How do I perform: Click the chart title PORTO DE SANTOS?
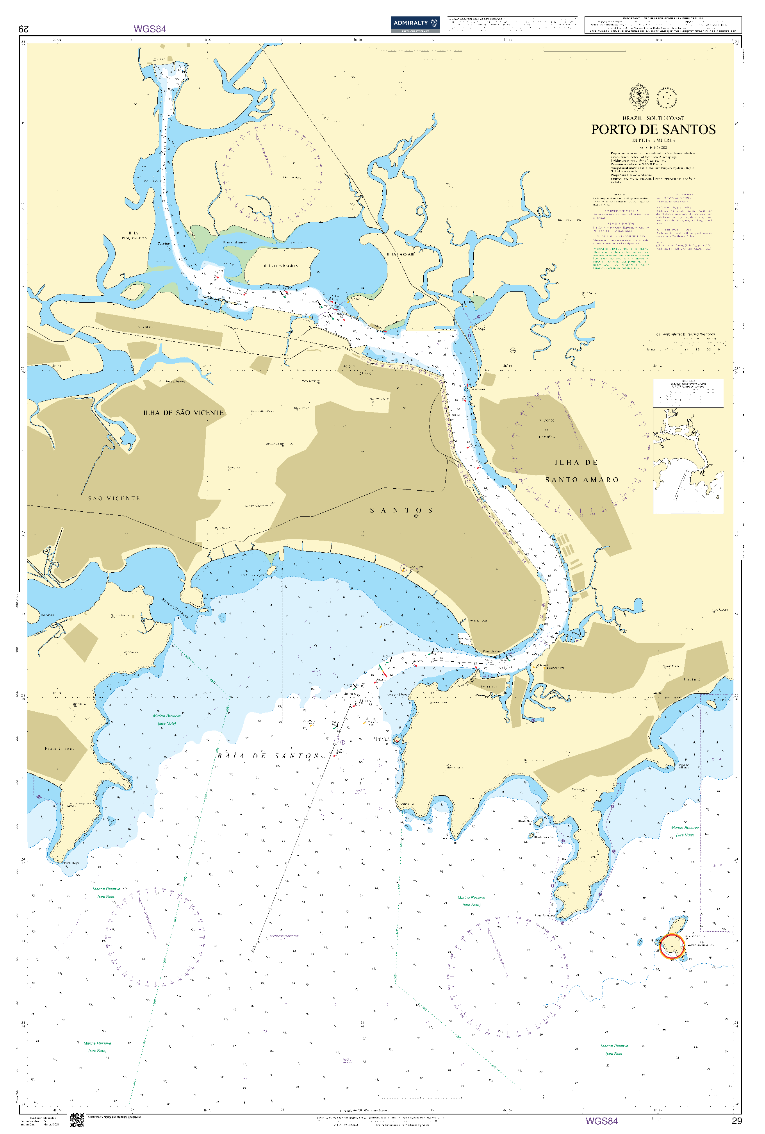click(x=653, y=129)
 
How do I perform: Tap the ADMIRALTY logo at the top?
click(x=415, y=24)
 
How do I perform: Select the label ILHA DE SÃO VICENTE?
click(x=184, y=413)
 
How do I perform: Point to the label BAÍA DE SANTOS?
click(x=268, y=756)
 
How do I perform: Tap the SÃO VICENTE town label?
click(x=114, y=498)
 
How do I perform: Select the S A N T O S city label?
click(x=401, y=511)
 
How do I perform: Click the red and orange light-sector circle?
click(x=671, y=946)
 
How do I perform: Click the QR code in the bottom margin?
click(x=77, y=1120)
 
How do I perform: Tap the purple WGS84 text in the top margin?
click(x=150, y=29)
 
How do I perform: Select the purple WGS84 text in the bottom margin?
click(x=601, y=1121)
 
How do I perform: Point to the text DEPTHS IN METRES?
click(x=653, y=141)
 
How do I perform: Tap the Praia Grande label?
click(x=59, y=748)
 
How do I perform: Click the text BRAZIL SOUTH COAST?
click(x=653, y=118)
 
